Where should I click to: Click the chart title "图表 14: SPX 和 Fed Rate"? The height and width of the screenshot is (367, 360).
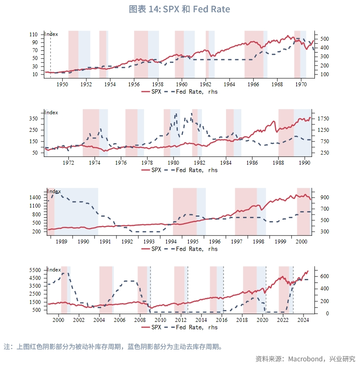[180, 9]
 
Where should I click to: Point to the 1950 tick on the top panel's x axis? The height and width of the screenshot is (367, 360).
[62, 84]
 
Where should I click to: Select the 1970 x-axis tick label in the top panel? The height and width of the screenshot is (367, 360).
[300, 84]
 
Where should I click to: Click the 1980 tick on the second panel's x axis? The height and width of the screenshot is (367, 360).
[173, 162]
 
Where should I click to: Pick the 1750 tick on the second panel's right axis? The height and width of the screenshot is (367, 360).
[322, 119]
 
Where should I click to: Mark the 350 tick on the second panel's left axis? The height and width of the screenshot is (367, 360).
[34, 119]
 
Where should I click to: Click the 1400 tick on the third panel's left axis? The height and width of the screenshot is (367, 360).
[35, 198]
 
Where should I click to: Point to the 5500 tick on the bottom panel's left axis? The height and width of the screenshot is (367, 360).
[35, 270]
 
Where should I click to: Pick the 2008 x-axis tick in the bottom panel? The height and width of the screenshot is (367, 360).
[140, 320]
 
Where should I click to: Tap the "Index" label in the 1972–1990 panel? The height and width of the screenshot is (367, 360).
[52, 113]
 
